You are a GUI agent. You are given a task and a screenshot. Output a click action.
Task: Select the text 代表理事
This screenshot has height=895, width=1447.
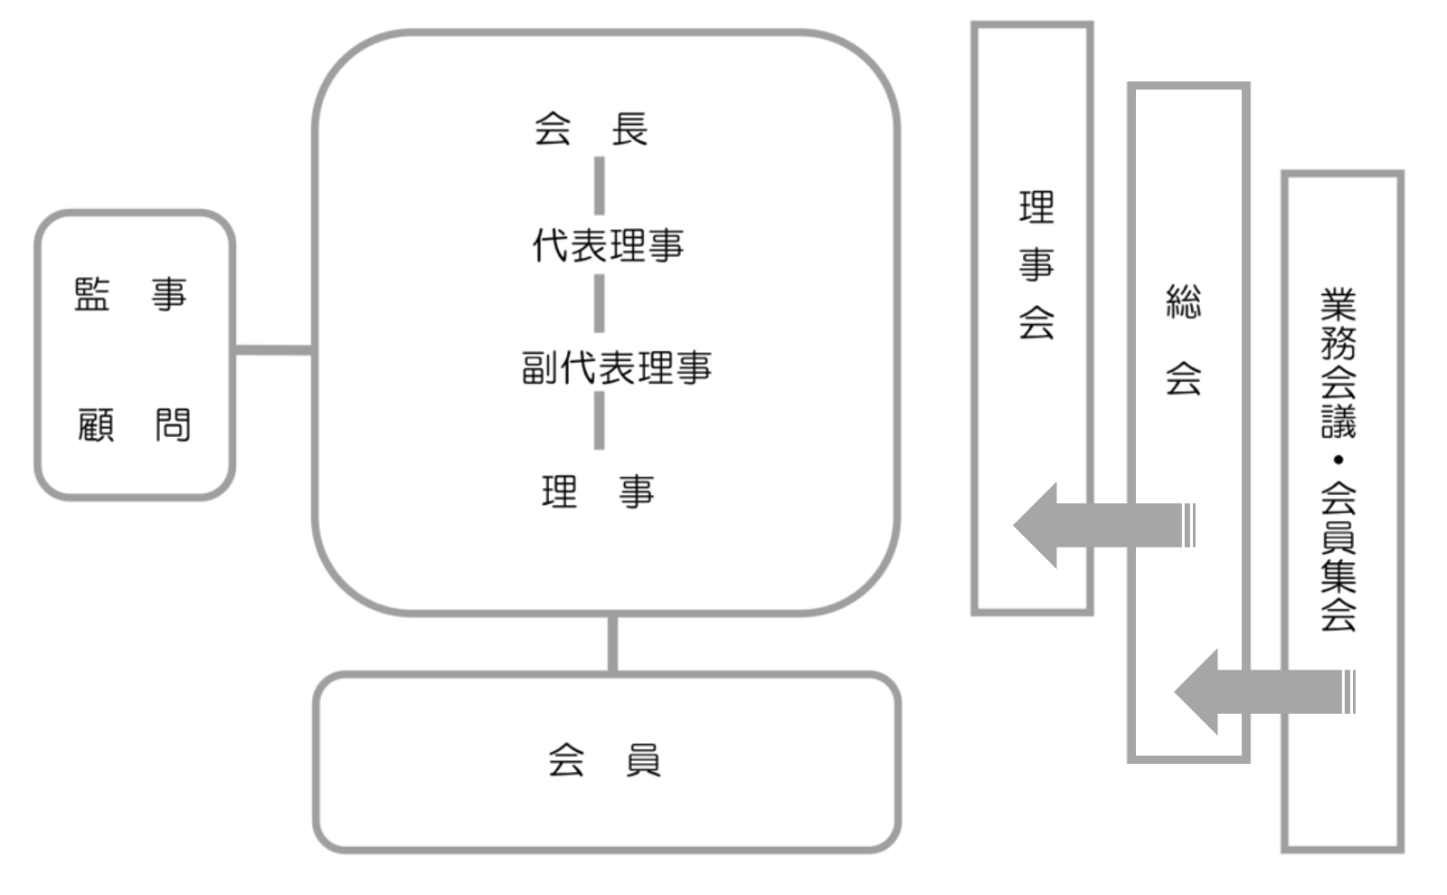(x=607, y=245)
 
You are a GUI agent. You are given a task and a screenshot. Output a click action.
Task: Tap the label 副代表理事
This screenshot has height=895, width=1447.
(x=617, y=367)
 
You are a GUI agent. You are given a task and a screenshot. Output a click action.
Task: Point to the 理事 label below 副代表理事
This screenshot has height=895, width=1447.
(x=598, y=492)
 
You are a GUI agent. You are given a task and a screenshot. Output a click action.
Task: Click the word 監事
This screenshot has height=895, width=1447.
(x=130, y=295)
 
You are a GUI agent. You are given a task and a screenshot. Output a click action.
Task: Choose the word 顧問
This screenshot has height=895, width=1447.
(x=134, y=424)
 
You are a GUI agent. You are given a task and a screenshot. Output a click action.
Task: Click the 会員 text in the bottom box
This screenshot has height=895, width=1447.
(x=604, y=761)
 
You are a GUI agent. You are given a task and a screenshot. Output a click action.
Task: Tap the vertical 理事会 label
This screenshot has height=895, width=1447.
(x=1036, y=265)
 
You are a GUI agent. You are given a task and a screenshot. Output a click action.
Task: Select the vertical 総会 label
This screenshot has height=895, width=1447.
(x=1184, y=339)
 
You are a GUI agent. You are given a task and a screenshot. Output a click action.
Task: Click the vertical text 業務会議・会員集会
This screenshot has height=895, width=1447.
(x=1338, y=459)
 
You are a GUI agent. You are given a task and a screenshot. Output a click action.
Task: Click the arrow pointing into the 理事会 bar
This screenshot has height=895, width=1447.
(x=1103, y=525)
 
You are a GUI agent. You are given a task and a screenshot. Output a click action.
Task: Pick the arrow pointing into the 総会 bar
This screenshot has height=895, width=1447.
(x=1263, y=692)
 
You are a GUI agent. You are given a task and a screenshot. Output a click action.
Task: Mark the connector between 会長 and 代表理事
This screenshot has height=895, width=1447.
(x=599, y=186)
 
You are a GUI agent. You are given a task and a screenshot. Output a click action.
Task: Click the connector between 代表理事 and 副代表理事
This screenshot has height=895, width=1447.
(x=599, y=304)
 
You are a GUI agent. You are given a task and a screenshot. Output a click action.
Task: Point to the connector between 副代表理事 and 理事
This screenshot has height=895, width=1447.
(x=599, y=420)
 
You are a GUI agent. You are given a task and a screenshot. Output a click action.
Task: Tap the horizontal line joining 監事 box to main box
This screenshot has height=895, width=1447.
(x=273, y=349)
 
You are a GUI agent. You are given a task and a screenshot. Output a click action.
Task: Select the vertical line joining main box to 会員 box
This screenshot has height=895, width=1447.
(x=612, y=643)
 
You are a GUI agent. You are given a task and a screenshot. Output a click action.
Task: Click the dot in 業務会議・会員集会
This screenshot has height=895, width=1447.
(x=1338, y=460)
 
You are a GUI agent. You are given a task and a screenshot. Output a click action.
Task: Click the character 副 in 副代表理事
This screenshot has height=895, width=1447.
(x=540, y=367)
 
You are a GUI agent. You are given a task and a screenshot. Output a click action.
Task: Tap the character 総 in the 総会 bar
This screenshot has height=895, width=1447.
(x=1184, y=302)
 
